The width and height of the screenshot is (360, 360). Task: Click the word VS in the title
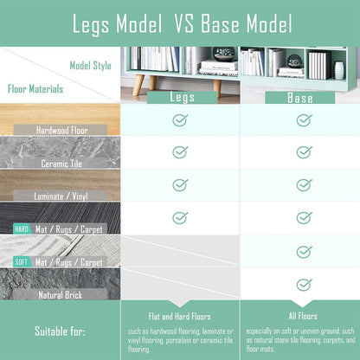(x=184, y=23)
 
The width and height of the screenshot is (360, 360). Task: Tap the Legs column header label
(x=182, y=97)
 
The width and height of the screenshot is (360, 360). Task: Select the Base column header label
(x=300, y=98)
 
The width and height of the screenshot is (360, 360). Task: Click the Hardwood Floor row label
(x=61, y=130)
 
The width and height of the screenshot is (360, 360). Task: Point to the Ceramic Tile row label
(x=61, y=164)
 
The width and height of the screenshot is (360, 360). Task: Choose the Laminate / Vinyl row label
(x=61, y=196)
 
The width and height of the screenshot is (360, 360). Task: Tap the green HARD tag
(x=22, y=229)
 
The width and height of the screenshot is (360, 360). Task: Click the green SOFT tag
(x=22, y=262)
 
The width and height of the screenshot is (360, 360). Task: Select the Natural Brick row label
(x=61, y=295)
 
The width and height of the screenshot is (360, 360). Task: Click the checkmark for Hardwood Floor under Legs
(x=180, y=120)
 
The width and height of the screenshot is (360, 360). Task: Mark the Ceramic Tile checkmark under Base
(x=304, y=152)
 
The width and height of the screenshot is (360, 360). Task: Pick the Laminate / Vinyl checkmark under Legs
(x=180, y=185)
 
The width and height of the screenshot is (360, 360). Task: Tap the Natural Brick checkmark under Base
(x=304, y=285)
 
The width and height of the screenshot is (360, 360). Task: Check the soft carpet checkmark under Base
(x=304, y=252)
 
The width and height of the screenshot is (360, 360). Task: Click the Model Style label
(x=90, y=66)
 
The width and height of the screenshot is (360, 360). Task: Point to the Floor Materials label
(x=35, y=89)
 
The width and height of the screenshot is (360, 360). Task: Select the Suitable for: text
(x=60, y=331)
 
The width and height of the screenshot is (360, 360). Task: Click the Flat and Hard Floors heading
(x=179, y=317)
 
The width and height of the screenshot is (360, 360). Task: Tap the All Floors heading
(x=303, y=316)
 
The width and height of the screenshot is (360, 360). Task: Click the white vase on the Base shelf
(x=339, y=70)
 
